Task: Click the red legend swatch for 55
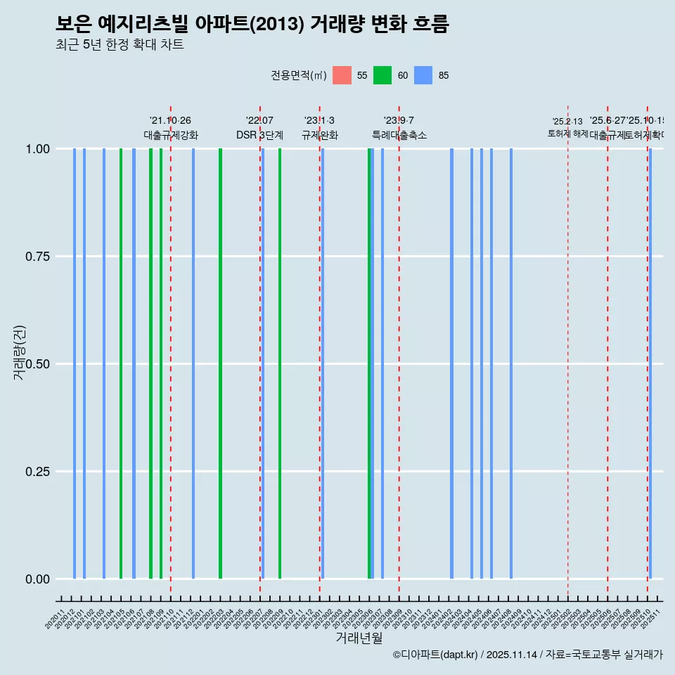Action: point(342,75)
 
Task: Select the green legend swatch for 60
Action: point(382,75)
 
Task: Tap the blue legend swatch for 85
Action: point(423,75)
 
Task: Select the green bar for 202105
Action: point(121,364)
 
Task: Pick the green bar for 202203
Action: point(220,364)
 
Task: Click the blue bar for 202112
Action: point(193,364)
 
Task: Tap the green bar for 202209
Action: point(280,364)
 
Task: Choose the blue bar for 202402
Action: point(451,364)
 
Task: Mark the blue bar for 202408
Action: point(511,364)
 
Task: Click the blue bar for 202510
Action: point(650,364)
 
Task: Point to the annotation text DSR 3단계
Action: point(259,135)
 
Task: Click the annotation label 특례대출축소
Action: point(399,135)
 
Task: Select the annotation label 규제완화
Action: point(320,135)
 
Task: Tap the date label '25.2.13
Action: point(567,122)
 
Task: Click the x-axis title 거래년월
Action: point(359,638)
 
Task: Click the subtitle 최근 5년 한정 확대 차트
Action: point(120,45)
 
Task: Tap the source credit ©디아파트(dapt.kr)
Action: point(436,655)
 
